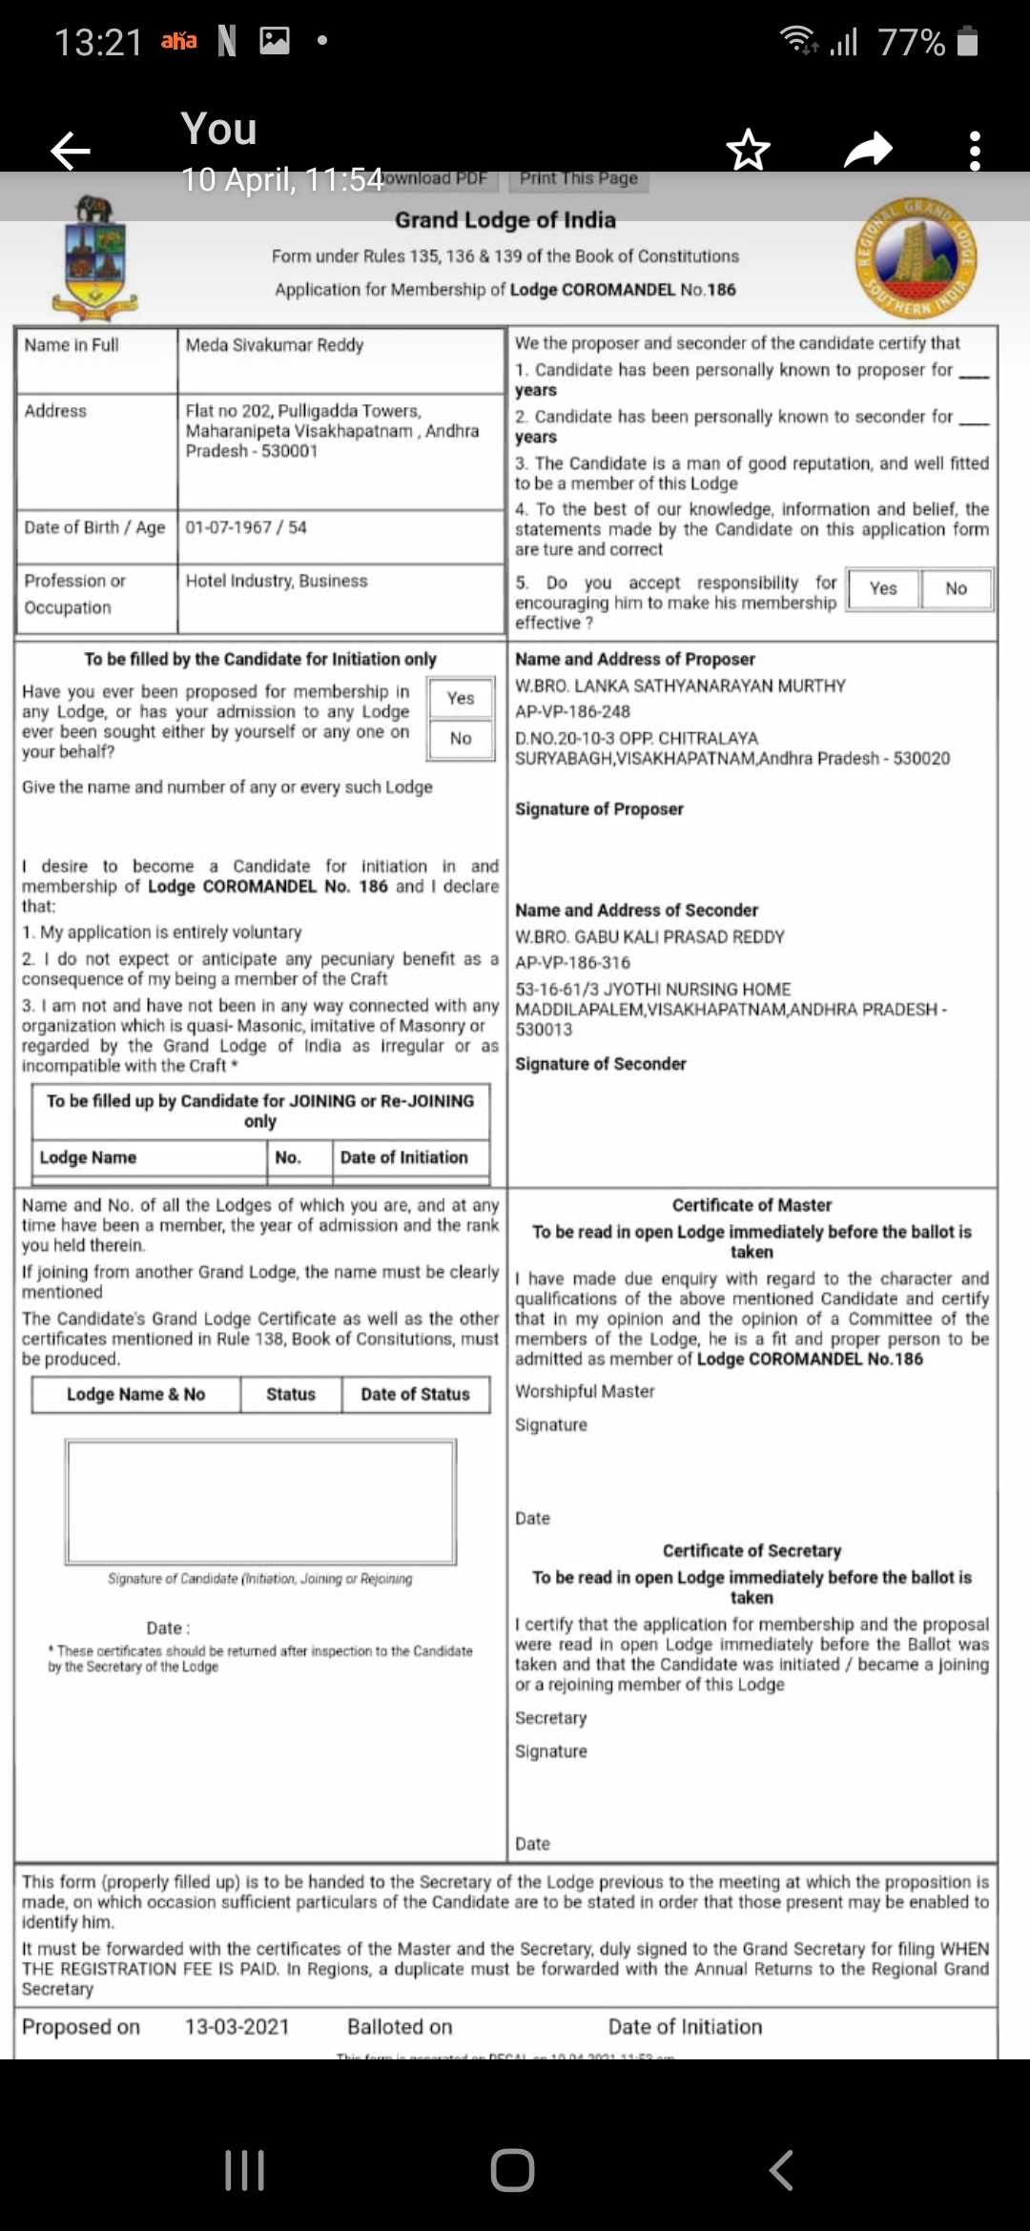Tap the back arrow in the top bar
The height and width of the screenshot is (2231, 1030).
point(71,151)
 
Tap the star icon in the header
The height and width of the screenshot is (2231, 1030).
point(748,150)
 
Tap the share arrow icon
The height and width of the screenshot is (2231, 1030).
point(868,150)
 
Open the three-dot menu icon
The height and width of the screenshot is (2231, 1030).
point(974,151)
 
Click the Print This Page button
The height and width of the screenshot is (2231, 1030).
point(579,178)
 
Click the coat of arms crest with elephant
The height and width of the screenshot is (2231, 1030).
point(94,256)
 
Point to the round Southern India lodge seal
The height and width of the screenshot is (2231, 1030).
point(916,258)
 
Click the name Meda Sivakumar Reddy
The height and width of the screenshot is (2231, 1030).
point(275,345)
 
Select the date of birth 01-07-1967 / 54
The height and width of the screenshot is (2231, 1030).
point(246,527)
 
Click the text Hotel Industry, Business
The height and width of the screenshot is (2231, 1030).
point(277,581)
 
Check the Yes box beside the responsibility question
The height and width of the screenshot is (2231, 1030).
point(883,588)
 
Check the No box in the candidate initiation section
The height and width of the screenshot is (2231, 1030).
point(461,738)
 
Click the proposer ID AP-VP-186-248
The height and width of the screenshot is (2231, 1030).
point(572,711)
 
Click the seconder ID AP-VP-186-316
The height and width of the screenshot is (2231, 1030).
point(572,962)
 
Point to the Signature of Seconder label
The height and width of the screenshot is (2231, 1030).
point(601,1064)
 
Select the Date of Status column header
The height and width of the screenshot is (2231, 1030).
point(415,1394)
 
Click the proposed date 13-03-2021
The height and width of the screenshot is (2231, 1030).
point(237,2026)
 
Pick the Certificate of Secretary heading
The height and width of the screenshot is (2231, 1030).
point(752,1550)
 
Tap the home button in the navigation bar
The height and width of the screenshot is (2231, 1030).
point(513,2170)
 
